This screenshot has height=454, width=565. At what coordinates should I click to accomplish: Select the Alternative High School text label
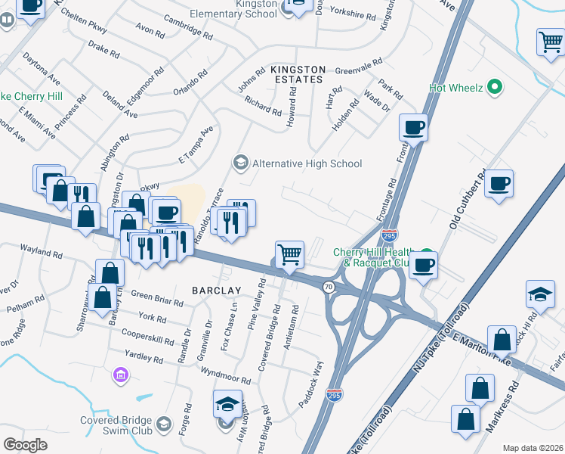[x=307, y=163]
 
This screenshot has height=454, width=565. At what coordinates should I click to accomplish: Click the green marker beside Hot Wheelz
[x=496, y=88]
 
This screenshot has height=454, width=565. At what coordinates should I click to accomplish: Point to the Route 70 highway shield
[x=328, y=287]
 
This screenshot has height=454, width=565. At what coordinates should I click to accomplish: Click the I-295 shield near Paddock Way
[x=335, y=394]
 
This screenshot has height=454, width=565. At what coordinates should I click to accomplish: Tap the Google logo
[x=25, y=445]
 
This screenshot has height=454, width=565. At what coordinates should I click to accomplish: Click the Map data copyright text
[x=533, y=448]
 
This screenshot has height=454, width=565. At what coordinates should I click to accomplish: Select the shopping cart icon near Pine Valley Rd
[x=290, y=254]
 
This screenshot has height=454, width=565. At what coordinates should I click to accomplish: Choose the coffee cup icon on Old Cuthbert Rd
[x=499, y=182]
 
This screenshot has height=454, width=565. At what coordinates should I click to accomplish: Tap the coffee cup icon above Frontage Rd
[x=413, y=127]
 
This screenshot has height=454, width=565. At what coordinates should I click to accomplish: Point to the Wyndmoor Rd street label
[x=226, y=374]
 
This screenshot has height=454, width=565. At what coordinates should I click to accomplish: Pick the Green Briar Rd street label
[x=157, y=298]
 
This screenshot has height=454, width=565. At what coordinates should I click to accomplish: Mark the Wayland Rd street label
[x=41, y=250]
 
